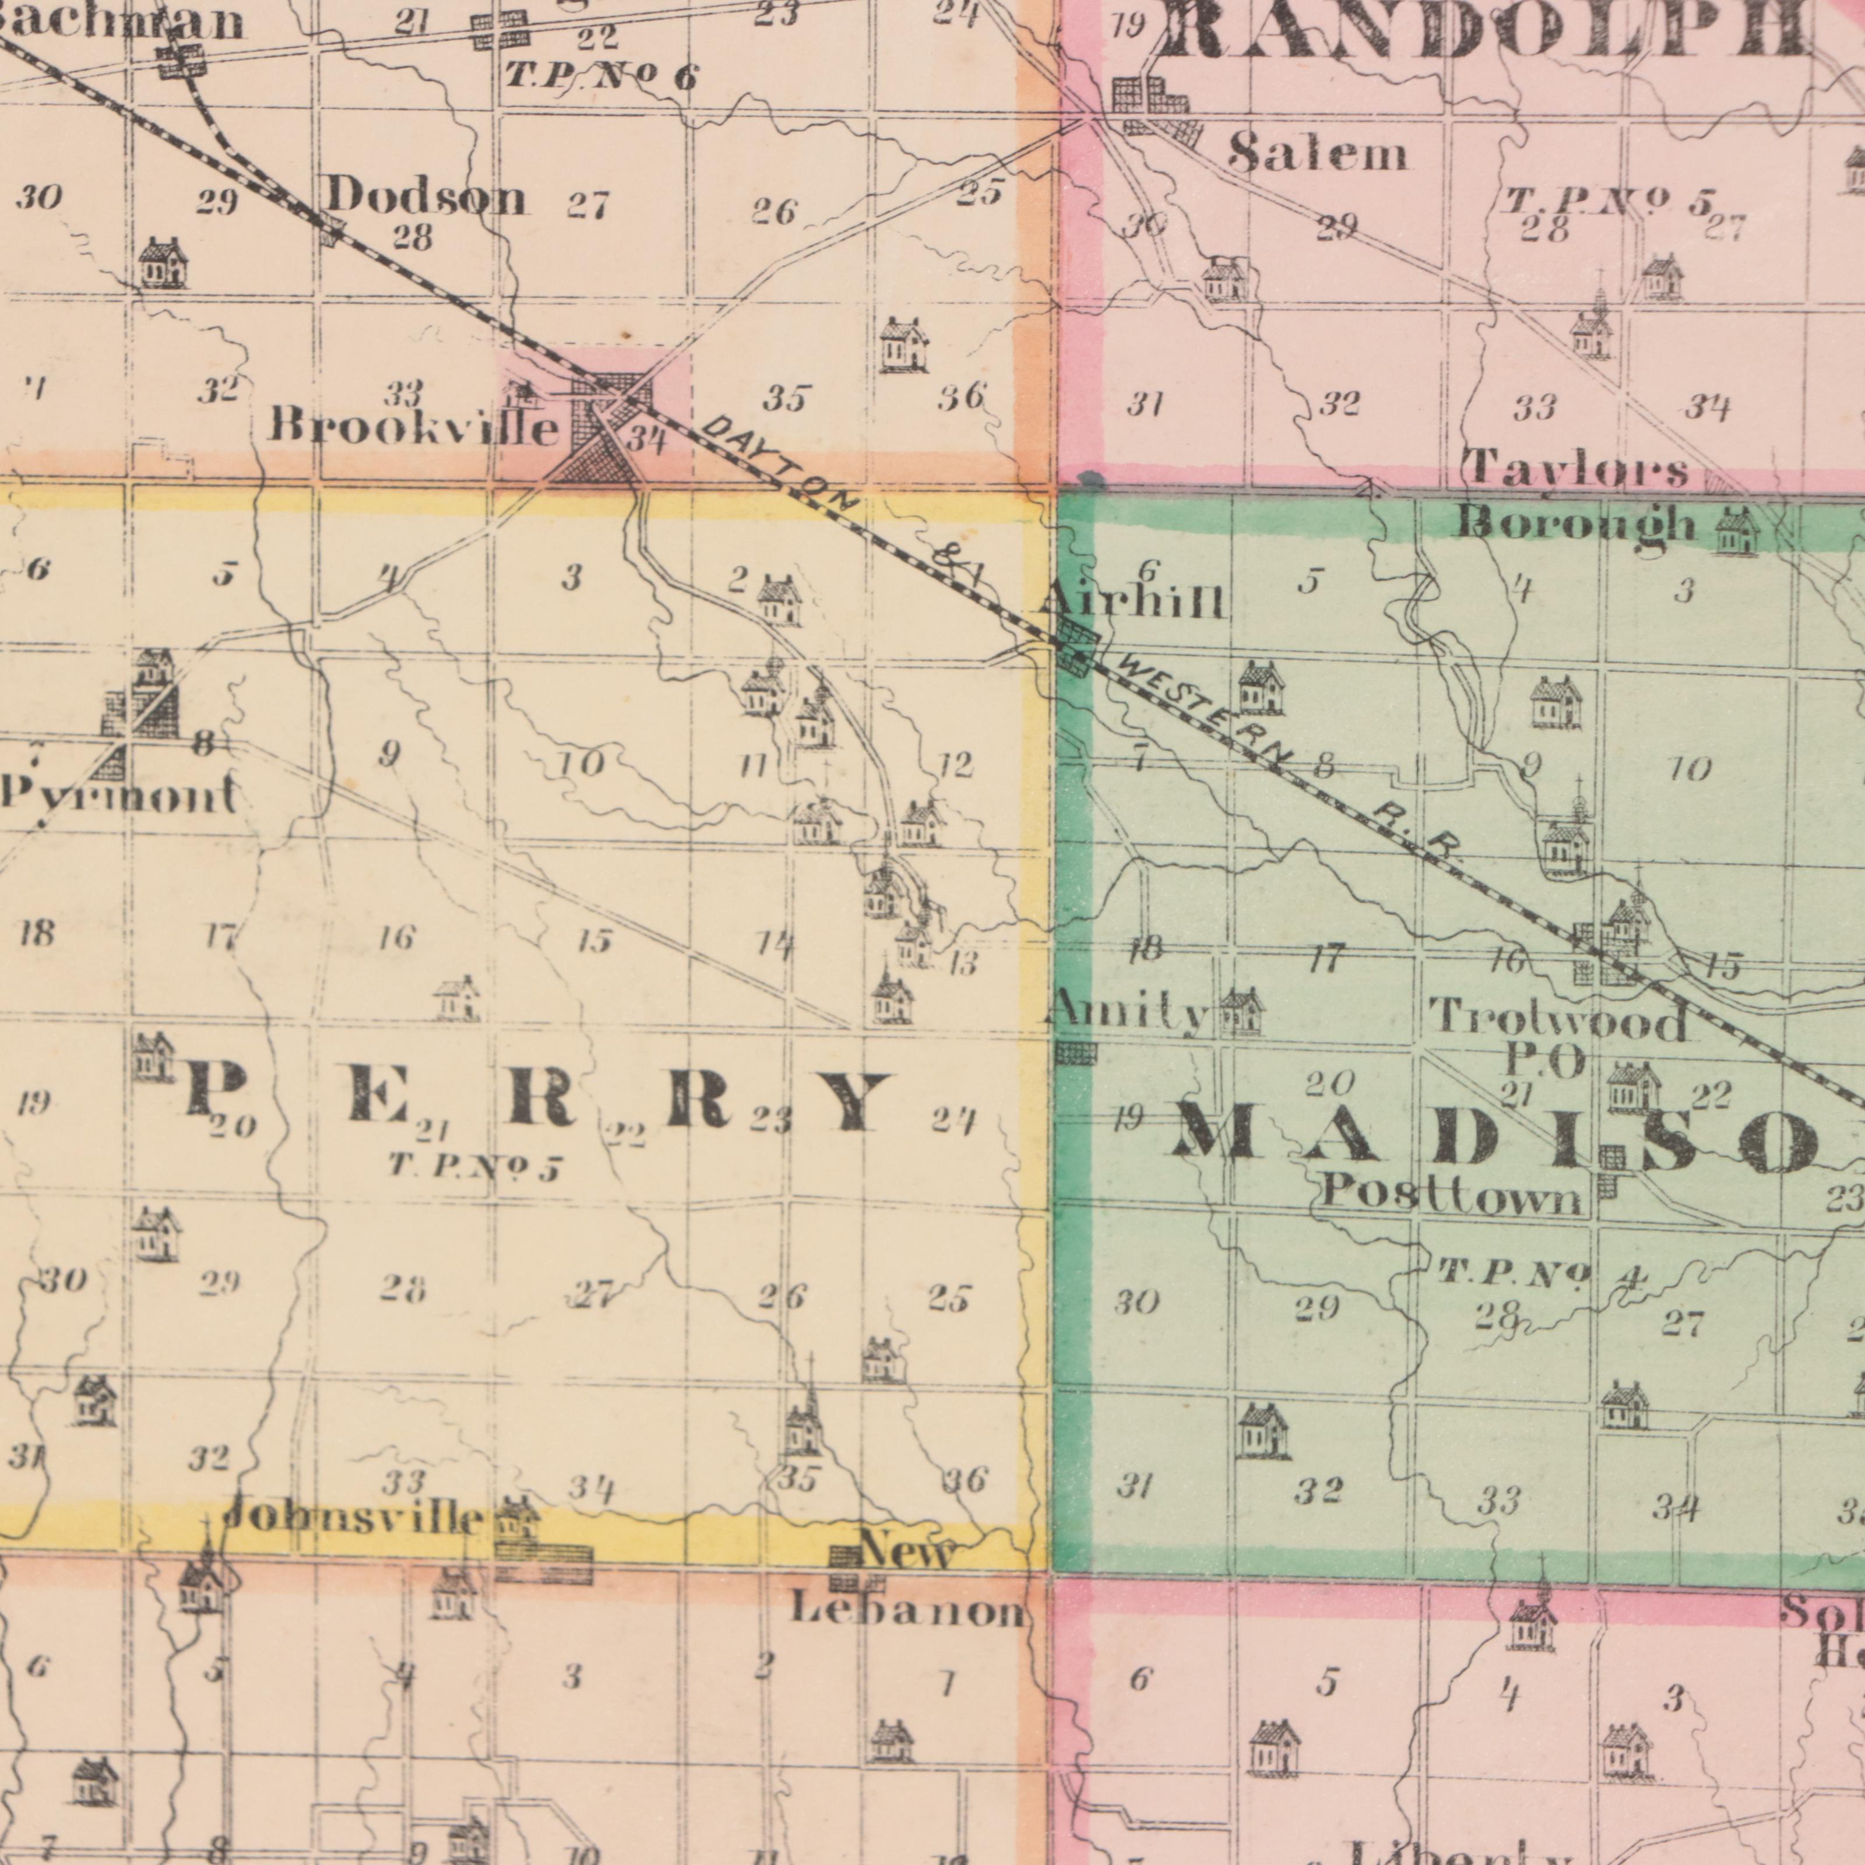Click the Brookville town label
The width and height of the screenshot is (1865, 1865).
413,425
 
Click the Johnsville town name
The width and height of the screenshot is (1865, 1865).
353,1518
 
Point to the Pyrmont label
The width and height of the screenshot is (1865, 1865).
119,797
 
